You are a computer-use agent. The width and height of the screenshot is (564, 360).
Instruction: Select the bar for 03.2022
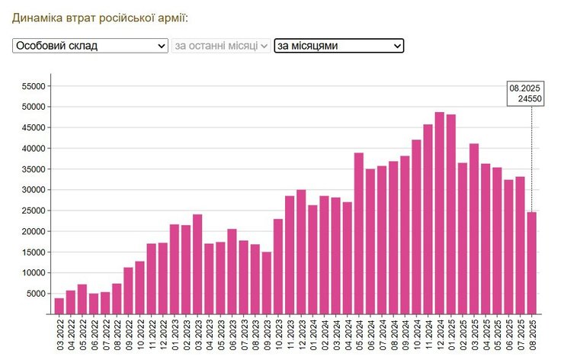(59, 306)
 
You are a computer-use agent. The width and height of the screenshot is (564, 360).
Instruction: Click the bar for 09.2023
(267, 283)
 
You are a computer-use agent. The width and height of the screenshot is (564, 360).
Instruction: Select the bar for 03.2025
(474, 229)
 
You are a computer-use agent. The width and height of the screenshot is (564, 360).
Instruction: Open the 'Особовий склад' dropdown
(90, 46)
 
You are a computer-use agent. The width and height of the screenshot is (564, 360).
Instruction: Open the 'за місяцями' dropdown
(338, 46)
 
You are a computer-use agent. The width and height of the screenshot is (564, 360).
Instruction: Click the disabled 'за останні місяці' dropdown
(221, 46)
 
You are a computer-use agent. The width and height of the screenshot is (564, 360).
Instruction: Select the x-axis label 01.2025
(451, 336)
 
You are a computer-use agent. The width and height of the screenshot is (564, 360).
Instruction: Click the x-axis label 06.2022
(94, 336)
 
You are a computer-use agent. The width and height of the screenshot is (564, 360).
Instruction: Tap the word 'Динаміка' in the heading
(36, 17)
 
